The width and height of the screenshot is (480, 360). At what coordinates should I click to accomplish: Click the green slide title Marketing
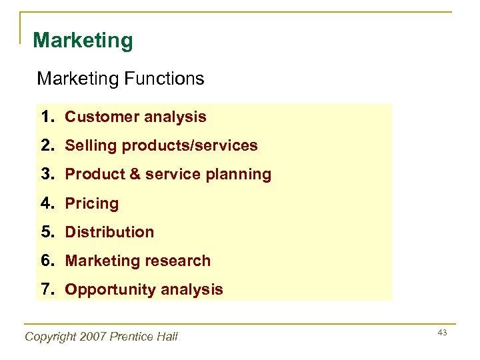83,41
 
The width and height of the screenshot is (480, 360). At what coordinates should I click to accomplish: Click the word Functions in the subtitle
163,79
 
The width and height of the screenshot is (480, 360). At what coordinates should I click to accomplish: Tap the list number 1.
46,117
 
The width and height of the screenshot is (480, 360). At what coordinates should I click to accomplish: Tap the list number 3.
46,175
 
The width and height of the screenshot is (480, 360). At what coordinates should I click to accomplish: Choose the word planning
239,175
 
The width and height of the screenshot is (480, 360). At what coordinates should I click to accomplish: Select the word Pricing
91,204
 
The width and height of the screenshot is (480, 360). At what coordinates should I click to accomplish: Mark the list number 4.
46,203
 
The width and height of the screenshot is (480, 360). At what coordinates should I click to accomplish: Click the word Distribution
109,233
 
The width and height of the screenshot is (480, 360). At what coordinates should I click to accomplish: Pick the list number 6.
46,261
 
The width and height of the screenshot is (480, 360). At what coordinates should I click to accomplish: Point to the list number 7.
46,289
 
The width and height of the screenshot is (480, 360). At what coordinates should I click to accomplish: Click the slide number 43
442,332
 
